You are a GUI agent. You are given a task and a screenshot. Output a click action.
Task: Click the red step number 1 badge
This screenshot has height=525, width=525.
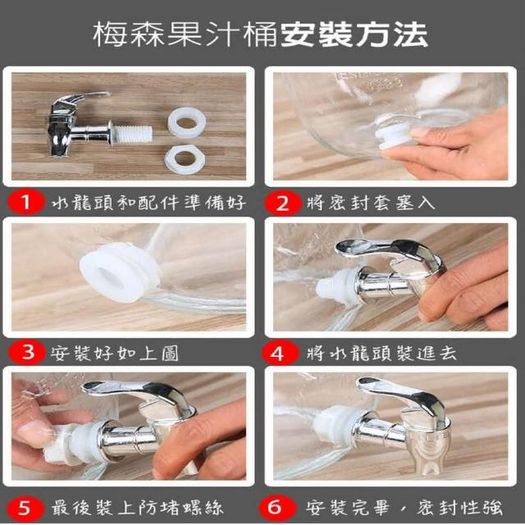coord(26,203)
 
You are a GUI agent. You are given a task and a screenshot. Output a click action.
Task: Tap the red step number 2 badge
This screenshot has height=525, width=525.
coord(283,203)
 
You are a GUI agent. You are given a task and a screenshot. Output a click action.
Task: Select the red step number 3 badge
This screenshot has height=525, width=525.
coord(27,353)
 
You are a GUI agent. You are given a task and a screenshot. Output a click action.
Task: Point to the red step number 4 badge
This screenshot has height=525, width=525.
coord(280,353)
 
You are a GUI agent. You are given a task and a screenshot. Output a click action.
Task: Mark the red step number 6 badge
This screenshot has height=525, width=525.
coord(277,508)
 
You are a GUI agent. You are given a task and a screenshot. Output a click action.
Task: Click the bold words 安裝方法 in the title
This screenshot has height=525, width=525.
coord(354,34)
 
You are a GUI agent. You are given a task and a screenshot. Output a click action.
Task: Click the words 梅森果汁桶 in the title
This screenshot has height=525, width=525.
coord(185,34)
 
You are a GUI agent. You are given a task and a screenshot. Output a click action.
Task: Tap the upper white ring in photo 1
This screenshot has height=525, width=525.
coord(186,122)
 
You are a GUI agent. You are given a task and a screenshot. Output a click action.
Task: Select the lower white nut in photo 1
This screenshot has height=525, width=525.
coord(184,158)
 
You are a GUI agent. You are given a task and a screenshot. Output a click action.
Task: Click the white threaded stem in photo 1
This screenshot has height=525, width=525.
coord(133,134)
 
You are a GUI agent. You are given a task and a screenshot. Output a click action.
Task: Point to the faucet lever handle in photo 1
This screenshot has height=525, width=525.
coord(82,99)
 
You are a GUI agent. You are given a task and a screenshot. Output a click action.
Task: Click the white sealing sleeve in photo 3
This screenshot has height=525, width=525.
coord(120,272)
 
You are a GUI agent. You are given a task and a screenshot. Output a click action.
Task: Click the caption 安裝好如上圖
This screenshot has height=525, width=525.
coord(115,353)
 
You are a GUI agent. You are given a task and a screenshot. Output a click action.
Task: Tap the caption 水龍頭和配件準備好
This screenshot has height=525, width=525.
coord(149,203)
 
